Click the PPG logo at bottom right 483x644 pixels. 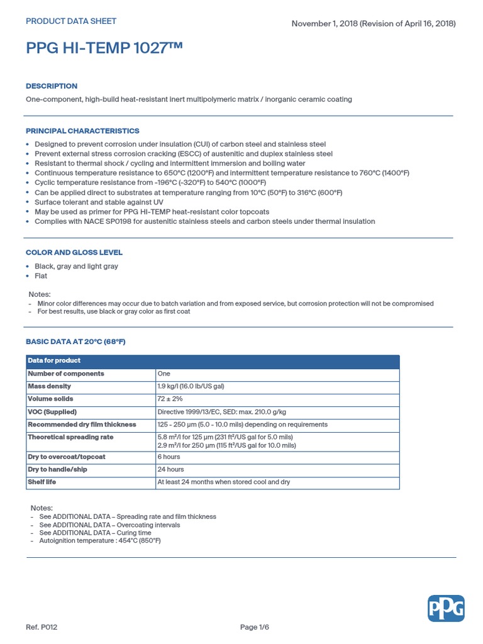(446, 608)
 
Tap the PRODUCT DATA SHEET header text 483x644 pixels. (71, 21)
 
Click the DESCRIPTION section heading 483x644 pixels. (52, 86)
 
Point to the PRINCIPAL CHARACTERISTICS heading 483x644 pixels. (82, 131)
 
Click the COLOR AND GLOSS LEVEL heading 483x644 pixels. (74, 252)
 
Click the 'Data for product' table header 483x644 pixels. (54, 361)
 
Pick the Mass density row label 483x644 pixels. (49, 386)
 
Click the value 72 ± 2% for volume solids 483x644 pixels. (170, 399)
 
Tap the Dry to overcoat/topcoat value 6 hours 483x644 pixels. (169, 457)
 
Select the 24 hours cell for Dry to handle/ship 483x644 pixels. (170, 469)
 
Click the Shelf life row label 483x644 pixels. (42, 482)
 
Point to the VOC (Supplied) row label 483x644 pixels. (52, 412)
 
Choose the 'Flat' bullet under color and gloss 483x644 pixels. (41, 275)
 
